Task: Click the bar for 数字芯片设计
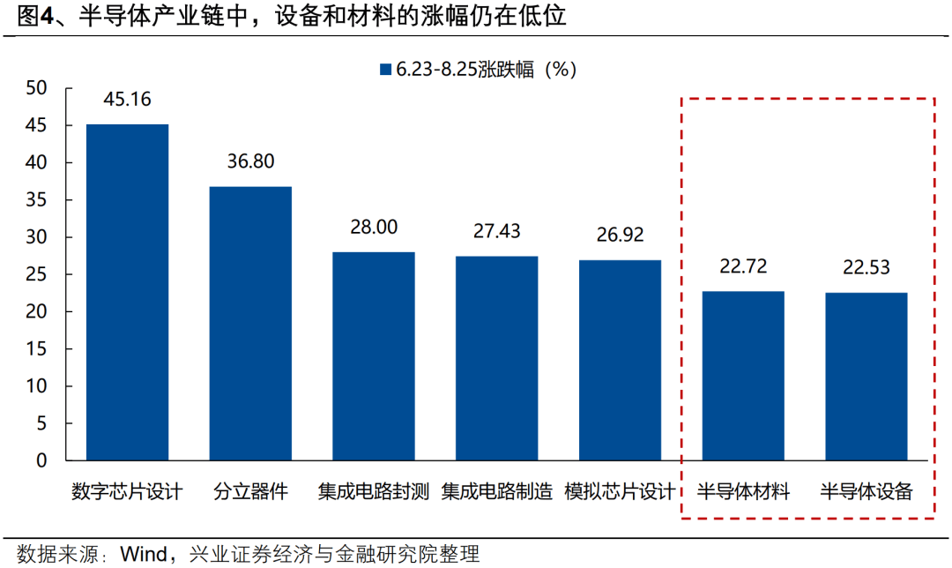(127, 292)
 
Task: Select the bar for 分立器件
(250, 323)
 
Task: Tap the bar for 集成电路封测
(374, 355)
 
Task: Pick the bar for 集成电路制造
(497, 358)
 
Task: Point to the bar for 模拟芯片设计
(621, 360)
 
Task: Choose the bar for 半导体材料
(744, 376)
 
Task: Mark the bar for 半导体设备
(866, 377)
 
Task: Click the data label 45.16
(127, 99)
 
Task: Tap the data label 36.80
(250, 161)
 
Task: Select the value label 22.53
(866, 267)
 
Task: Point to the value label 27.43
(497, 231)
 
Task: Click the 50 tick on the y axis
(36, 88)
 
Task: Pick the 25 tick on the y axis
(36, 274)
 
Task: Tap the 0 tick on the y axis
(41, 460)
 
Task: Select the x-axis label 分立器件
(250, 491)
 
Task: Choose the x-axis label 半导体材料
(744, 491)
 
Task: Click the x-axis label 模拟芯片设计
(621, 491)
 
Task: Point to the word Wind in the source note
(144, 554)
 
